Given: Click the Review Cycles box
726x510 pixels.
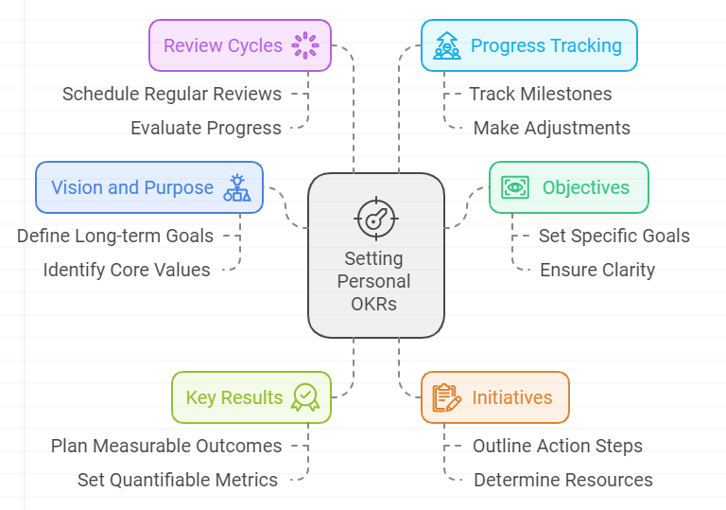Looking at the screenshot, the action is point(240,45).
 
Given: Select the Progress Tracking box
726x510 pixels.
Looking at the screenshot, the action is point(529,45).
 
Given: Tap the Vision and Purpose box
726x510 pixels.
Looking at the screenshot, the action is point(149,187).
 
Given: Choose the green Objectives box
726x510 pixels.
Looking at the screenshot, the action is point(569,187).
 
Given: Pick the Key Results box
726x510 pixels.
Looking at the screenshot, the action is point(251,397).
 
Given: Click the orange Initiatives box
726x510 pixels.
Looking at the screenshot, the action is point(495,397).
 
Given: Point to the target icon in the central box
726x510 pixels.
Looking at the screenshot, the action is point(376,219).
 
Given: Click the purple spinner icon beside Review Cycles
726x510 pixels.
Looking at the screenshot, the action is point(305,45).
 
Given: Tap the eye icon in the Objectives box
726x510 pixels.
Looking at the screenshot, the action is point(515,187).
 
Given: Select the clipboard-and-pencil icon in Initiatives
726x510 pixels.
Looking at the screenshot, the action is point(446,397).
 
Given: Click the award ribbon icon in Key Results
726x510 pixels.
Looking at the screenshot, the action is point(305,397).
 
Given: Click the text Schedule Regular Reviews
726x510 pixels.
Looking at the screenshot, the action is point(172,94).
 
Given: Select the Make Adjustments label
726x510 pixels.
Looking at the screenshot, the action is point(551,128).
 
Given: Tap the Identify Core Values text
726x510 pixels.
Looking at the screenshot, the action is point(127,270).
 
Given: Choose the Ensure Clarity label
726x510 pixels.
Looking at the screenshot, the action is point(597,270).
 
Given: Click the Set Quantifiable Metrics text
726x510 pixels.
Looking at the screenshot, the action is point(178,480).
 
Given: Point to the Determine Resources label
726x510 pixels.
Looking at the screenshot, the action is point(563,480).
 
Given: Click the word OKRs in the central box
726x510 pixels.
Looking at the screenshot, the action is point(373,304).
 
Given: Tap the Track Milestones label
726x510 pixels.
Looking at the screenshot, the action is point(541,94).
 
